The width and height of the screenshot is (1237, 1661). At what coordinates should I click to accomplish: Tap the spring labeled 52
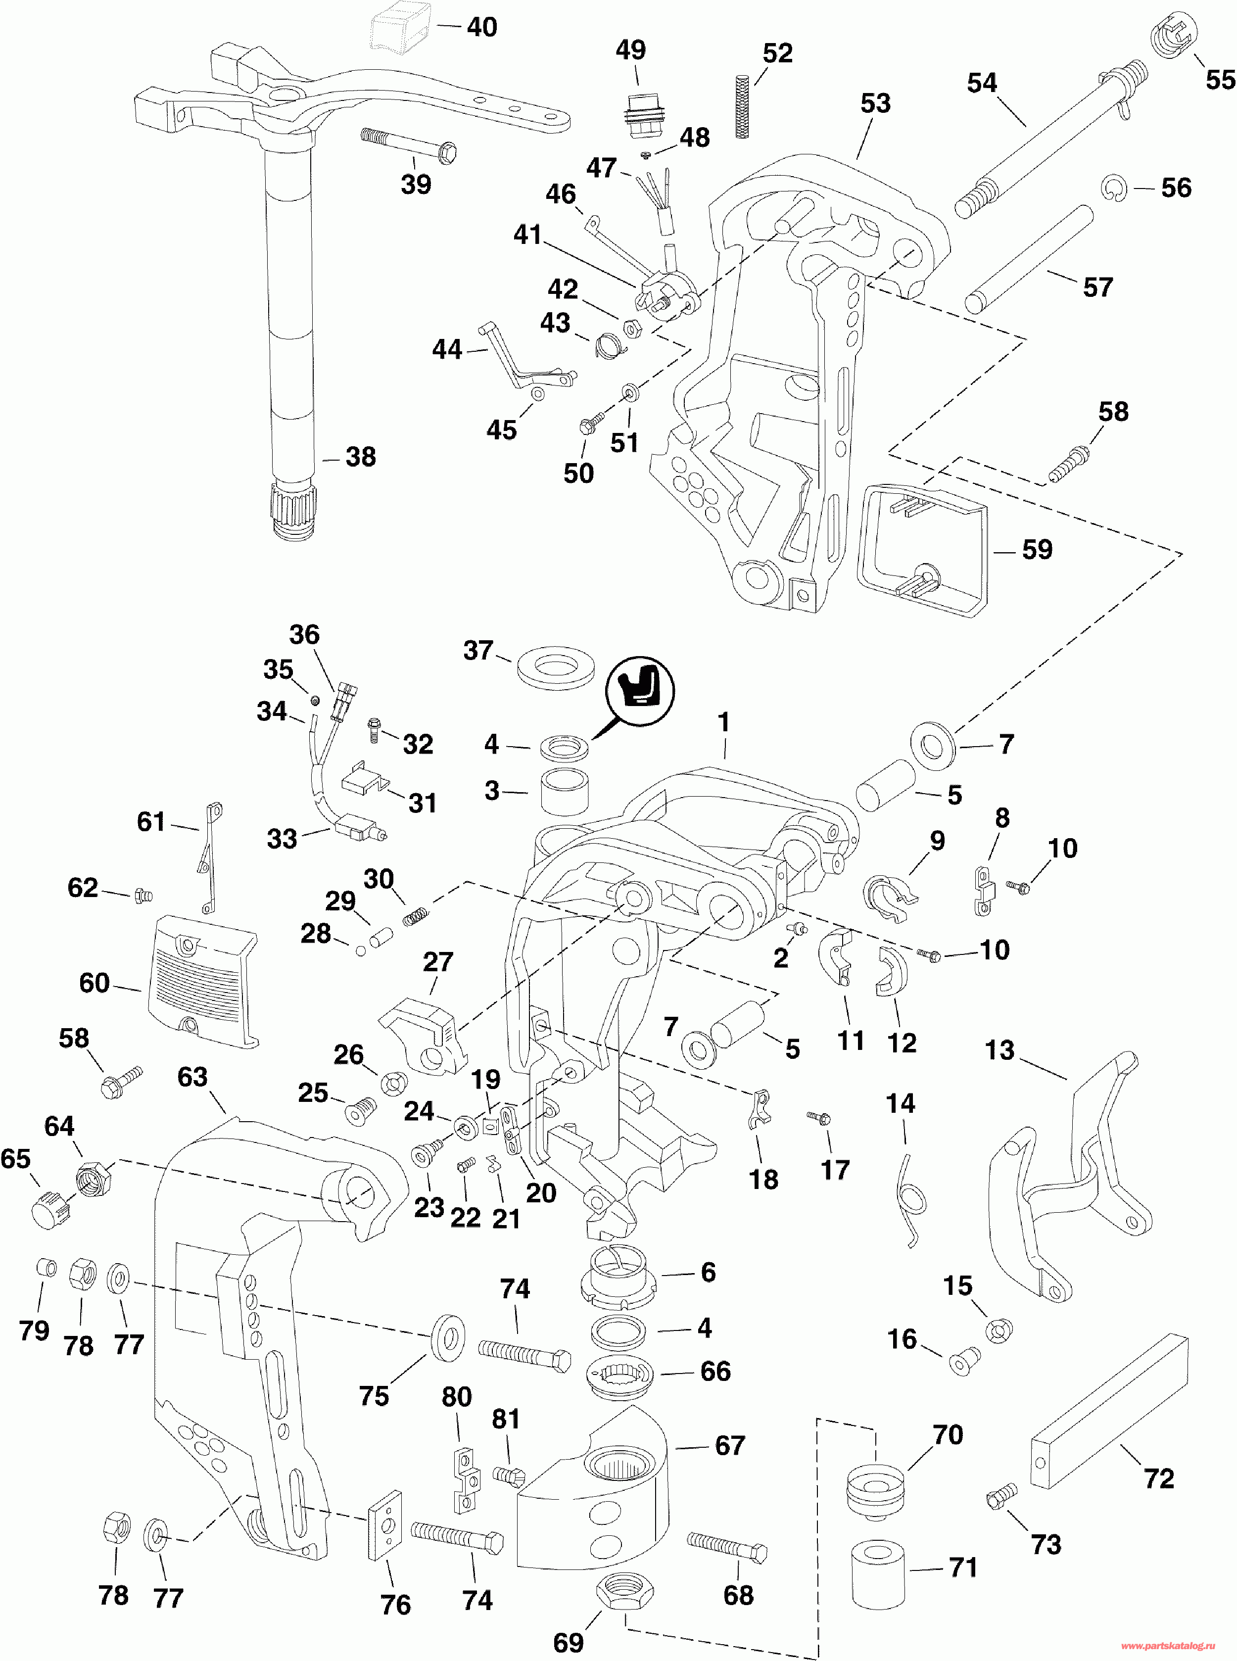743,105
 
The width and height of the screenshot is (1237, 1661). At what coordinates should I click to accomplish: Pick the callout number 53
875,103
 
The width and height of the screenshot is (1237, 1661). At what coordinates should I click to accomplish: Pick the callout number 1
723,723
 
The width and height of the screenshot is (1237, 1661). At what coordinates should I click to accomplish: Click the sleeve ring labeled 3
564,790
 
